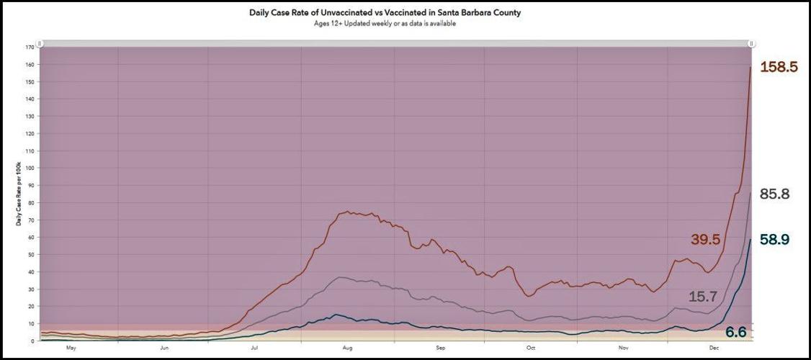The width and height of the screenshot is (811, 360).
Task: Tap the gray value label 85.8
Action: point(775,194)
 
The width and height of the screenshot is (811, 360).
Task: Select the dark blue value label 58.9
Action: point(775,240)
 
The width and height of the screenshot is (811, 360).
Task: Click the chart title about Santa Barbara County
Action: point(385,13)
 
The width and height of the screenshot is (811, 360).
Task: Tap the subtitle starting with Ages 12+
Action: point(385,24)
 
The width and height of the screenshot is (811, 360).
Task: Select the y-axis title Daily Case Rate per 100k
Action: point(17,194)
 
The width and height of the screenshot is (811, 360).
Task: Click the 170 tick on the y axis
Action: point(30,48)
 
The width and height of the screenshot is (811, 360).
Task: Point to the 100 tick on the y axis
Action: point(30,168)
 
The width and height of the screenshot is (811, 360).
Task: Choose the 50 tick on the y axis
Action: point(31,254)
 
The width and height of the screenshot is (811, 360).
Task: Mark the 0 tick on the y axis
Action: point(32,341)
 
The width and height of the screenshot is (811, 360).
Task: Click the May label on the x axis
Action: point(71,348)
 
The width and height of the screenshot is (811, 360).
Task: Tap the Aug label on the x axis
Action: point(347,348)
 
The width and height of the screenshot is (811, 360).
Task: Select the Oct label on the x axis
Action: point(531,348)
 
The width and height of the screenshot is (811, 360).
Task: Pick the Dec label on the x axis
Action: point(714,348)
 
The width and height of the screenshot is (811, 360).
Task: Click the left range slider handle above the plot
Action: point(40,43)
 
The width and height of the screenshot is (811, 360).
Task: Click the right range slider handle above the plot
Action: point(751,43)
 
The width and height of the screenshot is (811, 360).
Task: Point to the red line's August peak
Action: point(347,212)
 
